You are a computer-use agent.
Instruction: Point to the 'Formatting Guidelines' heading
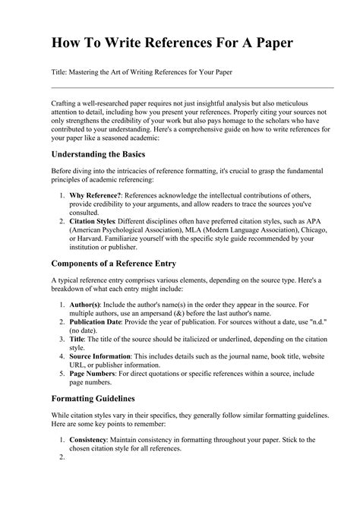(93, 397)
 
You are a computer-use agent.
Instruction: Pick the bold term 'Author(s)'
(86, 305)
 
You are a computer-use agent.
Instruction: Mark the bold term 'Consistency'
(90, 440)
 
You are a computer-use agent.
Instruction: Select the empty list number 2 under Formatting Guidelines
(62, 458)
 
